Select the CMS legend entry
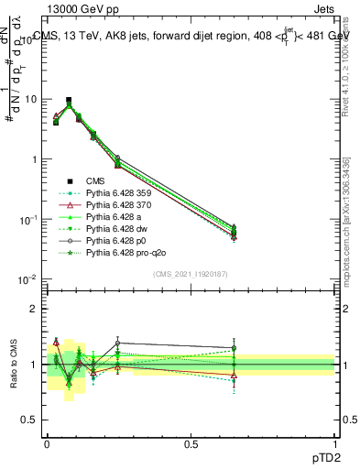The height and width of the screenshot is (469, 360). [x=107, y=180]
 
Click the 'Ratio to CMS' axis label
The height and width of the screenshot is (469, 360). [x=12, y=364]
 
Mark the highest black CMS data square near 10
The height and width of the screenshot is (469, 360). [x=68, y=101]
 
